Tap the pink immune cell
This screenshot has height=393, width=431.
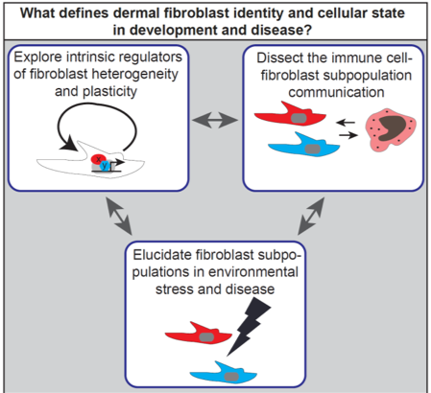(391, 129)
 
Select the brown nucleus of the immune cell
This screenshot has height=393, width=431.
(392, 127)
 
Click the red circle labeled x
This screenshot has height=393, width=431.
(98, 159)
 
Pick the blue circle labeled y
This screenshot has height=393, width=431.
(105, 166)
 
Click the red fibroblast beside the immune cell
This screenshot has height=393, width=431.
(290, 114)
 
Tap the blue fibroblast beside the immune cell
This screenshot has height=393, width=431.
(304, 145)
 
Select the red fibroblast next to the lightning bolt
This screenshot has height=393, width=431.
(199, 333)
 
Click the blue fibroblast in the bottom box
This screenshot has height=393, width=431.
(224, 373)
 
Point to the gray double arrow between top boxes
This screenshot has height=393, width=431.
(215, 120)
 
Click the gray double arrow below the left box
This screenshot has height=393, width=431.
(118, 216)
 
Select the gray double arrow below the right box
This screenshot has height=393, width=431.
(311, 216)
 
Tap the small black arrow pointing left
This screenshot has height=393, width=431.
(346, 123)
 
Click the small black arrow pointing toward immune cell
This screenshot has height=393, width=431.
(348, 135)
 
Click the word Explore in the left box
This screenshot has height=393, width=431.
(38, 58)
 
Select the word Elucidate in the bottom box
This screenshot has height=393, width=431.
(162, 255)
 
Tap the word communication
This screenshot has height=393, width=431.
(336, 92)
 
